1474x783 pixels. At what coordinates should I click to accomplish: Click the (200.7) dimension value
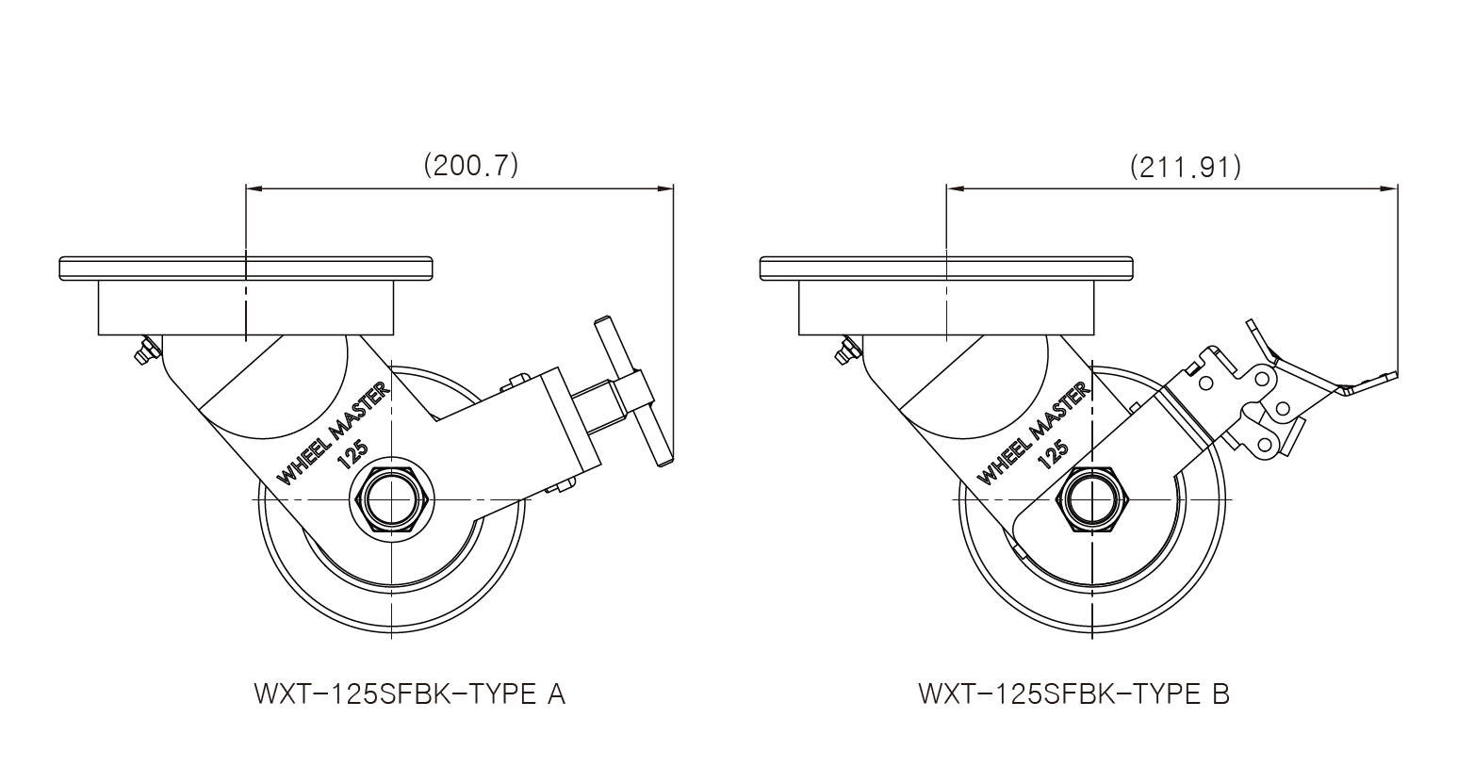(471, 166)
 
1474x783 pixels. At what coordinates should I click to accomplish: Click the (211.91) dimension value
(1185, 167)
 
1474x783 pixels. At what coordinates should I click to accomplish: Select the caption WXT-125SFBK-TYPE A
(409, 694)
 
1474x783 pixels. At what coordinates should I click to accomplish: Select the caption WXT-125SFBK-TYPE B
(1073, 694)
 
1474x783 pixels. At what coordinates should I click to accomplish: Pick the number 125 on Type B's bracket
(1052, 454)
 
